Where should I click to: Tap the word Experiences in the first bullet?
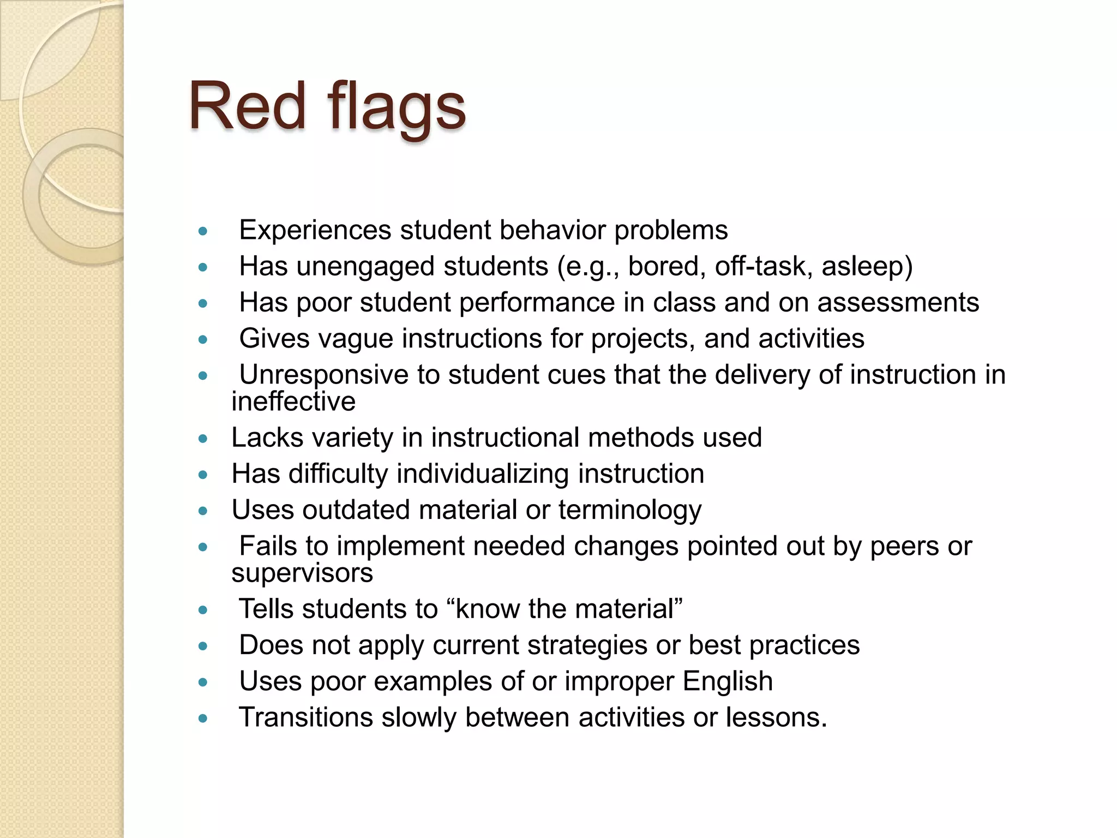(315, 230)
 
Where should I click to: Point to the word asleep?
(867, 267)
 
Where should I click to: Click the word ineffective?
(293, 402)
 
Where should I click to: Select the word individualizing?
(483, 474)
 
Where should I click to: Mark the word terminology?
(630, 511)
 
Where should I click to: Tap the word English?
(728, 681)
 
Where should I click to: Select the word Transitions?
(305, 717)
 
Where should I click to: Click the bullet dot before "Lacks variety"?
(203, 439)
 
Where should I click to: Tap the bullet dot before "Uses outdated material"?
(203, 511)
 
